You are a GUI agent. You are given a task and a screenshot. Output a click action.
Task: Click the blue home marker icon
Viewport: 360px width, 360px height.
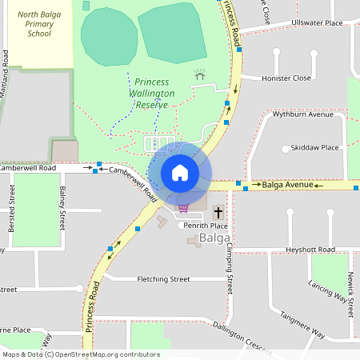tap(180, 173)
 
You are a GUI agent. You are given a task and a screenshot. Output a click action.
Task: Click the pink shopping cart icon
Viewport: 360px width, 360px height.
tap(183, 208)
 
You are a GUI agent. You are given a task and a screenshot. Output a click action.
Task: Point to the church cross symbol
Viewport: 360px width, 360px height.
tap(218, 213)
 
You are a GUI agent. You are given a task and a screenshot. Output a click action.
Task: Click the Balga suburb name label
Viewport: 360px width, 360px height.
tap(215, 238)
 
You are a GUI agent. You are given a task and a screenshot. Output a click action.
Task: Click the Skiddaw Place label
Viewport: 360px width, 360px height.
tap(315, 148)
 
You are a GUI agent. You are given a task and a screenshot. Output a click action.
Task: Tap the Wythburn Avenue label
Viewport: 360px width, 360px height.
tap(302, 114)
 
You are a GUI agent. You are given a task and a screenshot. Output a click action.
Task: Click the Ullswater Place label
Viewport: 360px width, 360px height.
tap(317, 23)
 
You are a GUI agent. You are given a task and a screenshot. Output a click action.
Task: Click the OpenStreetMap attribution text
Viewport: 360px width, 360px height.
tap(81, 354)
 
